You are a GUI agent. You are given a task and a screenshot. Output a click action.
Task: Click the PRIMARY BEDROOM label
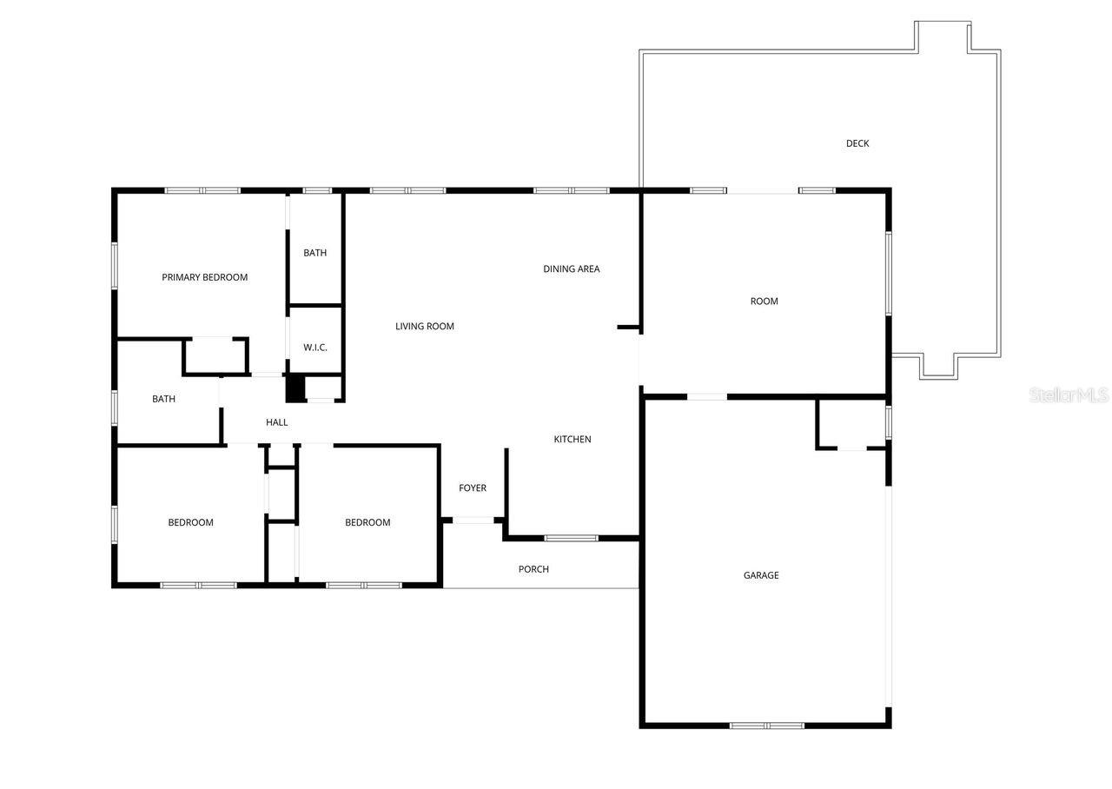pyautogui.click(x=204, y=278)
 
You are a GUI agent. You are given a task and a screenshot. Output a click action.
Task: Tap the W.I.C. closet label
pyautogui.click(x=315, y=348)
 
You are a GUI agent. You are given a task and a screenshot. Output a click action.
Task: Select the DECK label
pyautogui.click(x=857, y=143)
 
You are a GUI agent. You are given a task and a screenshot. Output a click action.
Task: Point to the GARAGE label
pyautogui.click(x=761, y=575)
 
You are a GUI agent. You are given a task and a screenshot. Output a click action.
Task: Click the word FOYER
pyautogui.click(x=473, y=488)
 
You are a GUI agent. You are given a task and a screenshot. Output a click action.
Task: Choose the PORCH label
pyautogui.click(x=533, y=569)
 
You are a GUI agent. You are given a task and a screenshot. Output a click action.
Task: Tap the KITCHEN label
pyautogui.click(x=573, y=440)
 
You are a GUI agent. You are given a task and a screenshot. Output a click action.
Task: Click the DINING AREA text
pyautogui.click(x=572, y=269)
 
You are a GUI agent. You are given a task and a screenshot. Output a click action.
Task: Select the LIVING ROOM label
pyautogui.click(x=425, y=327)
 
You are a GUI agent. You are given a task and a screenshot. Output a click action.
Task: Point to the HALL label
pyautogui.click(x=277, y=422)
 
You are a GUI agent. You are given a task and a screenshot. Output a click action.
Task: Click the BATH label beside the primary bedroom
pyautogui.click(x=315, y=253)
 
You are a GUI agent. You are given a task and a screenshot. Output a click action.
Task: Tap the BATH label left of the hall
pyautogui.click(x=164, y=400)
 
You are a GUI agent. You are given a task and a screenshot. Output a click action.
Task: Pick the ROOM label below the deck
pyautogui.click(x=764, y=302)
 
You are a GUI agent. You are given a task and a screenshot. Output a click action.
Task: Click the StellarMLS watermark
pyautogui.click(x=1069, y=395)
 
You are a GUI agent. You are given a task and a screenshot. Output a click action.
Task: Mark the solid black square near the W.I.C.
pyautogui.click(x=295, y=388)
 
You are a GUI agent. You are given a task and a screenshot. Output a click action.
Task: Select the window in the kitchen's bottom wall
pyautogui.click(x=572, y=538)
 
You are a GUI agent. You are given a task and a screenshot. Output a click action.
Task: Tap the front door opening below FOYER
pyautogui.click(x=473, y=520)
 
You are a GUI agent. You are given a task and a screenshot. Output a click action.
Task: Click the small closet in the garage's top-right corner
pyautogui.click(x=851, y=424)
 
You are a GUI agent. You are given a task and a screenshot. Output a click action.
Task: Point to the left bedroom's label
pyautogui.click(x=190, y=523)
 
